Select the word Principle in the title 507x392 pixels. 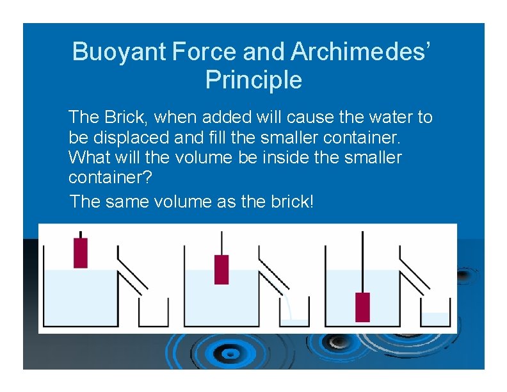coord(253,80)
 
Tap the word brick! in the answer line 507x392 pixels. coord(288,201)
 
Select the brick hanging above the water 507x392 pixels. coord(81,252)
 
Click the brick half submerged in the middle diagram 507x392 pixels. coord(221,269)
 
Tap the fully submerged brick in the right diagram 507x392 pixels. coord(362,307)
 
